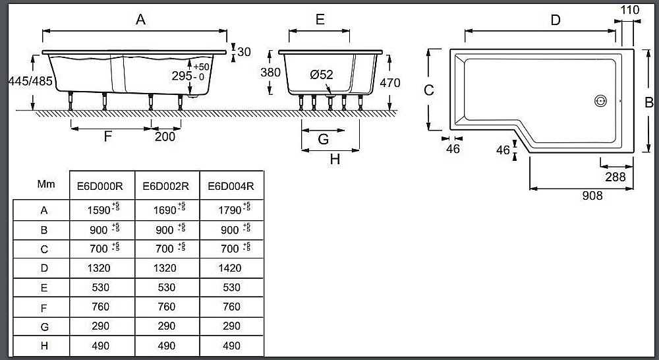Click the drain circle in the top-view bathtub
tap(600, 102)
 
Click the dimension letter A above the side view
tap(140, 20)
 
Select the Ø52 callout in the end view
tap(322, 75)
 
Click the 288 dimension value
tap(616, 177)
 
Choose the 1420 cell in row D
tap(229, 268)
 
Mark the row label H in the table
tap(44, 345)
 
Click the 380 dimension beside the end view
tap(266, 73)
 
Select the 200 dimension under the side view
tap(165, 137)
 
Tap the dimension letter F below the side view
tap(109, 137)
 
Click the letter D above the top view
tap(556, 20)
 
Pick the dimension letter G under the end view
tap(323, 139)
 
